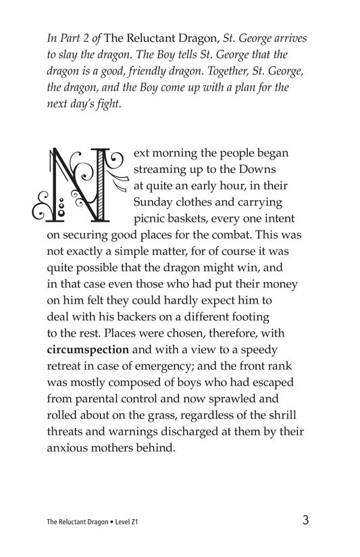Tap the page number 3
pyautogui.click(x=306, y=520)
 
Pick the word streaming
pyautogui.click(x=162, y=166)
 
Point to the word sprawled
pyautogui.click(x=276, y=394)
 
